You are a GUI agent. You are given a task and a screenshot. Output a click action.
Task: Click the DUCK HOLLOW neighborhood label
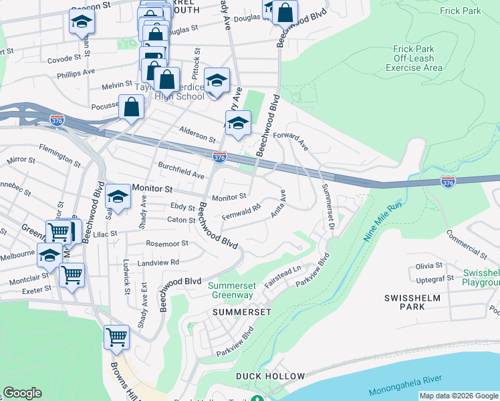[x=270, y=376]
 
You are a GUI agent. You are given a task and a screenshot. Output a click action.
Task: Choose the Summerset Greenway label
[x=233, y=290]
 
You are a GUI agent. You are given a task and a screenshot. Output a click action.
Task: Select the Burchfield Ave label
[x=180, y=170]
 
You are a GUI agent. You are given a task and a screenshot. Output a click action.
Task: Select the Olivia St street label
[x=425, y=265]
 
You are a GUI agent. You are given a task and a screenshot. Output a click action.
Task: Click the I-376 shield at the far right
[x=448, y=182]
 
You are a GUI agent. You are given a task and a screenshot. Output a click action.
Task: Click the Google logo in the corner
[x=23, y=393]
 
